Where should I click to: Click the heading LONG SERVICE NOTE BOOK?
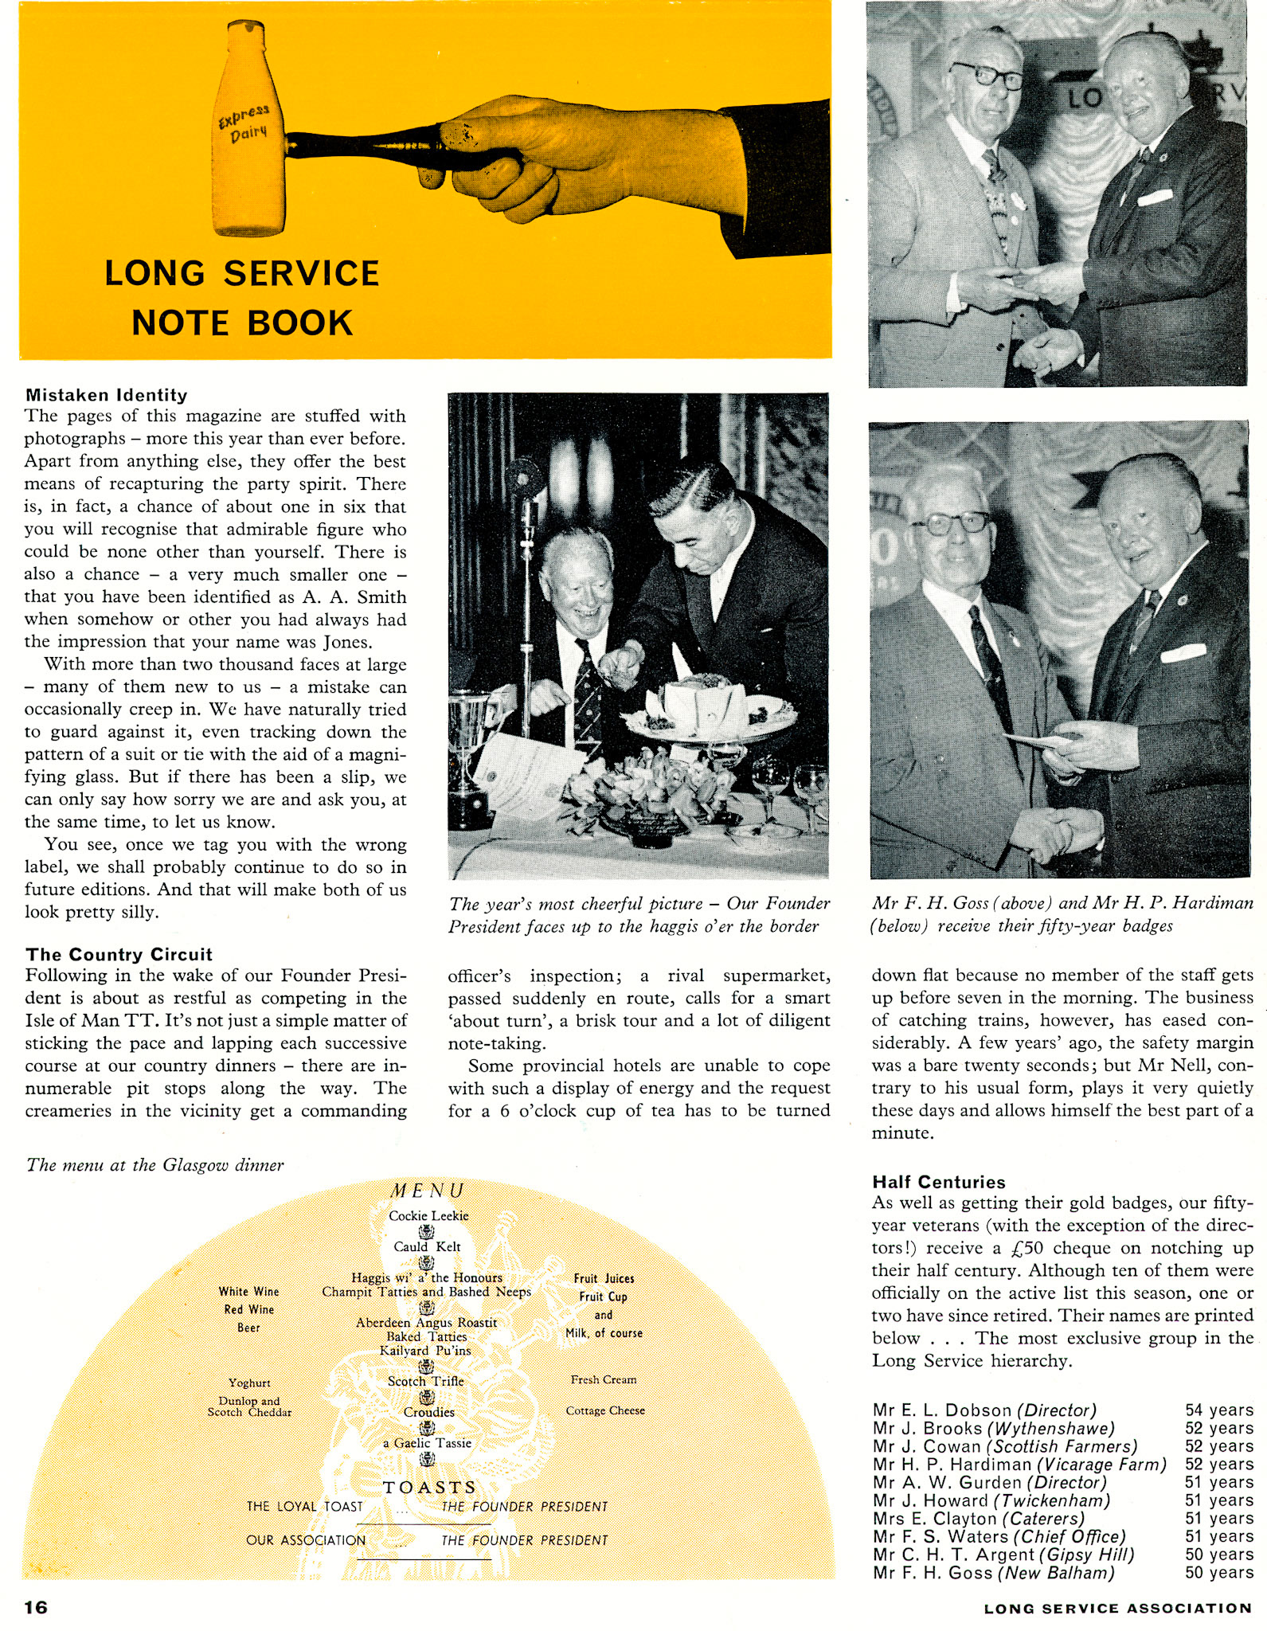pyautogui.click(x=242, y=298)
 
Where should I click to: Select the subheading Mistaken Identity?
pyautogui.click(x=107, y=395)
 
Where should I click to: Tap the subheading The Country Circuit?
pyautogui.click(x=119, y=954)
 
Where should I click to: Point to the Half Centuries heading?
pyautogui.click(x=938, y=1182)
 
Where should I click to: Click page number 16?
pyautogui.click(x=36, y=1607)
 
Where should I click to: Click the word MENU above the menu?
pyautogui.click(x=428, y=1191)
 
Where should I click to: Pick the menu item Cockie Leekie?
pyautogui.click(x=428, y=1216)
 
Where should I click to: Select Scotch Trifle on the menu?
pyautogui.click(x=425, y=1381)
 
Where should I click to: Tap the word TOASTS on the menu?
pyautogui.click(x=429, y=1488)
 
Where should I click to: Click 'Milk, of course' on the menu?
pyautogui.click(x=604, y=1333)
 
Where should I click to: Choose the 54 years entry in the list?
pyautogui.click(x=1218, y=1410)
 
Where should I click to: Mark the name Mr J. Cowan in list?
pyautogui.click(x=926, y=1446)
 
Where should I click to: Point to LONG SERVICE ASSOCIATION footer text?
pyautogui.click(x=1117, y=1608)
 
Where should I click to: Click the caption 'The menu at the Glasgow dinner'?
pyautogui.click(x=155, y=1165)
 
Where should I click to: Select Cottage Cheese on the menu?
pyautogui.click(x=605, y=1410)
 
